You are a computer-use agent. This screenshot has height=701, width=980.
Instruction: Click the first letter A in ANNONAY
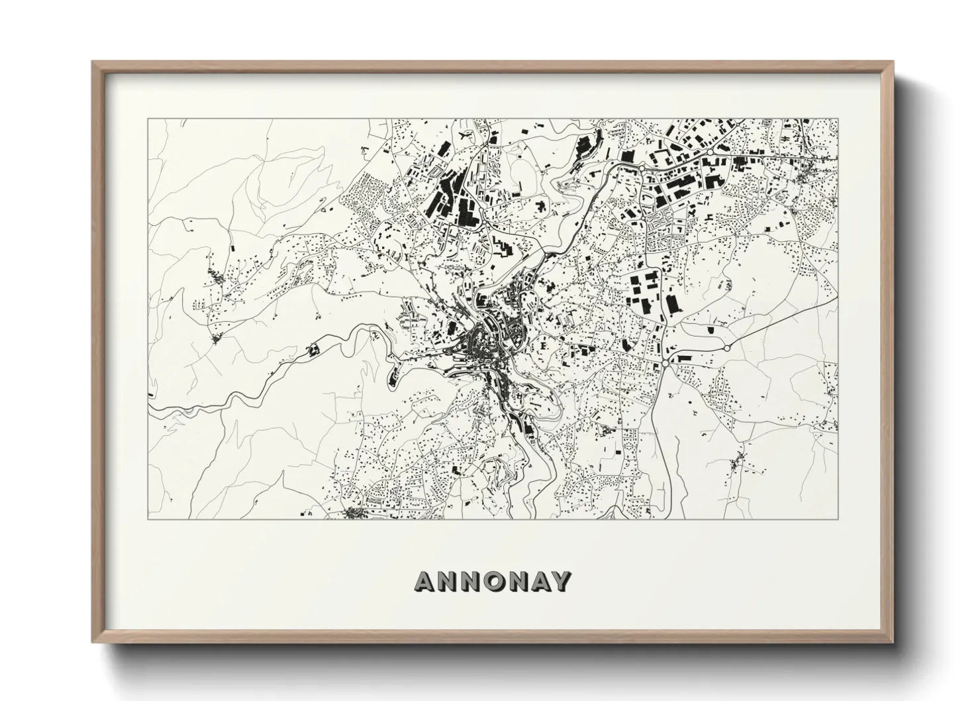point(426,581)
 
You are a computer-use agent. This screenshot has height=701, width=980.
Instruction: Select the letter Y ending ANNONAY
point(560,581)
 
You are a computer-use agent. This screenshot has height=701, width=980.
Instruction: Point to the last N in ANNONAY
point(516,581)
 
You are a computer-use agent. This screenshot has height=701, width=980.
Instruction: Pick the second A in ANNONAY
point(538,581)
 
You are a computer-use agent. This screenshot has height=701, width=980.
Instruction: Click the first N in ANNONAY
point(448,581)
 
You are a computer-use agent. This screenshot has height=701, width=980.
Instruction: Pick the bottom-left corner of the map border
point(148,519)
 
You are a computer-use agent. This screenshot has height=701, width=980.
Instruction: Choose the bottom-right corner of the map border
point(838,519)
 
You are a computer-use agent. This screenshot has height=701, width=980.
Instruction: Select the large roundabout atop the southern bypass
point(665,364)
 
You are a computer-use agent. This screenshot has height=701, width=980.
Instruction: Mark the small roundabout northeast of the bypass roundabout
point(726,347)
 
